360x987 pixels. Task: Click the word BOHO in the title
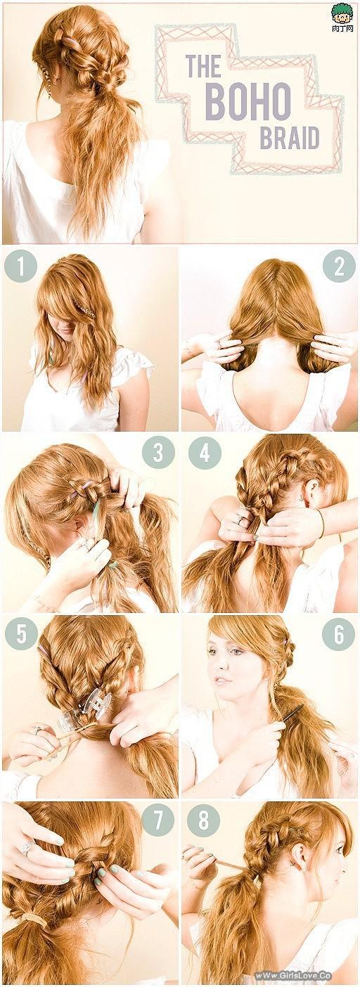[x=247, y=101]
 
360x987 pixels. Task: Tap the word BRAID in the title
[x=289, y=138]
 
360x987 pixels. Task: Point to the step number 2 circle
[x=338, y=266]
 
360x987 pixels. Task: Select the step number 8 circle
[x=204, y=820]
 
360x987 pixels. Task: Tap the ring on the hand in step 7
[x=27, y=849]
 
